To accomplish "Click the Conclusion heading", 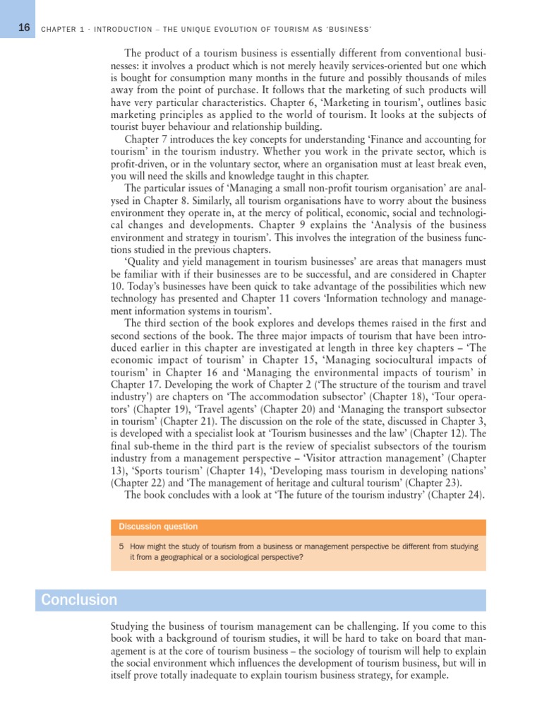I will (x=79, y=600).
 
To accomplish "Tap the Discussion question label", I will (x=158, y=527).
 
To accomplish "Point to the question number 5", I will (x=122, y=546).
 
